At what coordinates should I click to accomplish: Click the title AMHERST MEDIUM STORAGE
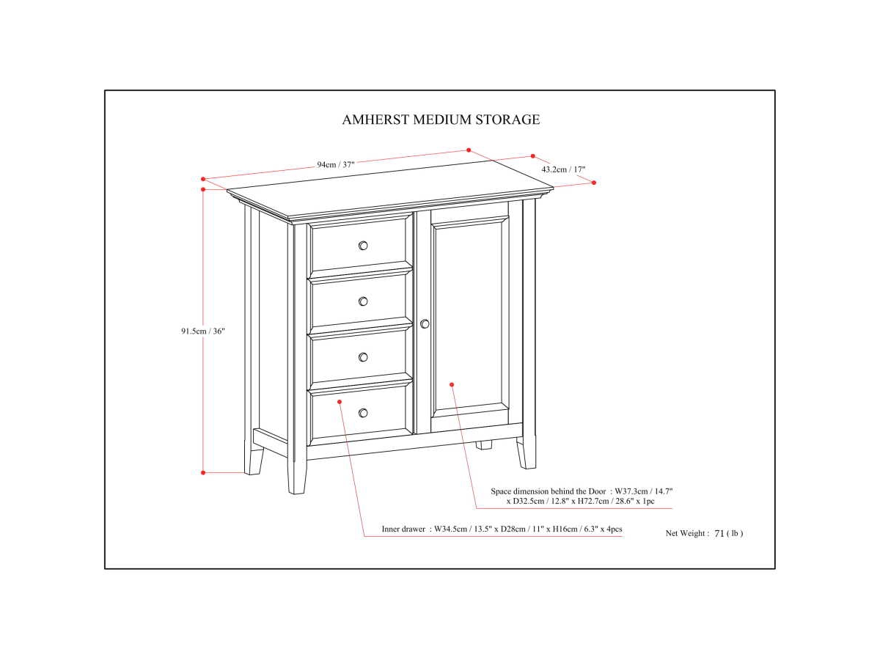click(x=441, y=120)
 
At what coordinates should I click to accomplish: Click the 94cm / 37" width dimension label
click(x=336, y=165)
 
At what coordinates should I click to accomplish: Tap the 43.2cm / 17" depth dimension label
click(x=563, y=169)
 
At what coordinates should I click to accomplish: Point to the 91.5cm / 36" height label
click(x=203, y=331)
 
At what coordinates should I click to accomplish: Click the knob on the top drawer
click(x=363, y=246)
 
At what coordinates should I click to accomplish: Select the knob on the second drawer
click(x=363, y=301)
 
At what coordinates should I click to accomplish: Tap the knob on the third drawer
click(x=363, y=357)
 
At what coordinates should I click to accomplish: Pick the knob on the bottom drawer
click(x=363, y=413)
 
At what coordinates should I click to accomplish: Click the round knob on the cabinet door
click(x=425, y=323)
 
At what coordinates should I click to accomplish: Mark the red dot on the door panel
click(x=452, y=384)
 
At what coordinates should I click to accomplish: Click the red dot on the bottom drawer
click(x=340, y=401)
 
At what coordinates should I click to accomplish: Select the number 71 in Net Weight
click(x=719, y=534)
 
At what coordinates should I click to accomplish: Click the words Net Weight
click(x=686, y=534)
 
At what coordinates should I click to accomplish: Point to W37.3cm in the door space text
click(x=634, y=491)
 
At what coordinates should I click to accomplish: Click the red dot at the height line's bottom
click(x=203, y=472)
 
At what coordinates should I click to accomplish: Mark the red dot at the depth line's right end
click(x=594, y=183)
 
